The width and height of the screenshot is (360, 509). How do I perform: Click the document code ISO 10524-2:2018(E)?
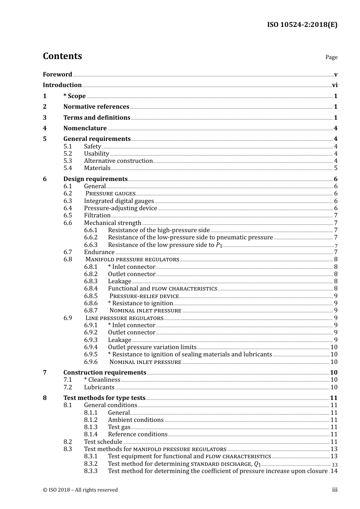tap(302, 25)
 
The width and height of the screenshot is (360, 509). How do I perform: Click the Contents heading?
tap(62, 56)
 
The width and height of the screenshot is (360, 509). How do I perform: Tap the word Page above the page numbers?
tap(331, 57)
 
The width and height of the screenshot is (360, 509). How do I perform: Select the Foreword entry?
tap(57, 74)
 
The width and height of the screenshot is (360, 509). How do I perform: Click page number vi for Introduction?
tap(335, 85)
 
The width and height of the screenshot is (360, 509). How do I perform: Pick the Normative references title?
tap(96, 107)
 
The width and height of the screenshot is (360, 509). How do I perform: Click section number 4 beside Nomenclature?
tap(45, 128)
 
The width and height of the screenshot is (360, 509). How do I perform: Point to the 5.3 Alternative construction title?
tap(118, 161)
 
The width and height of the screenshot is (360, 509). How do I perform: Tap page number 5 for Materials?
tap(335, 168)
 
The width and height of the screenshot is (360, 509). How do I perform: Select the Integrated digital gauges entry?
tap(119, 201)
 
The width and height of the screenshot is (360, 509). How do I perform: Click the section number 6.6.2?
tap(91, 237)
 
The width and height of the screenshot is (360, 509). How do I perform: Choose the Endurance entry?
tap(99, 252)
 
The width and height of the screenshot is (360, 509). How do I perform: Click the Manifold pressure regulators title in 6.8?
tap(132, 259)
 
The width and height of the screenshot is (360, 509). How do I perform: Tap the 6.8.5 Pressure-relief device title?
tap(144, 296)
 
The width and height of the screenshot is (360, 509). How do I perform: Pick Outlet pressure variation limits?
tap(152, 347)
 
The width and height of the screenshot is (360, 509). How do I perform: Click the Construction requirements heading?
tap(105, 373)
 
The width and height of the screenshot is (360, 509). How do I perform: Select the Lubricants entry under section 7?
tap(99, 387)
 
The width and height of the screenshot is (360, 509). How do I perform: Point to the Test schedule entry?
tap(103, 442)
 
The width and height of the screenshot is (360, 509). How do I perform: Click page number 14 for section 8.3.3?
tap(333, 471)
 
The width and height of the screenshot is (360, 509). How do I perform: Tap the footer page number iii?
tap(335, 490)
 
